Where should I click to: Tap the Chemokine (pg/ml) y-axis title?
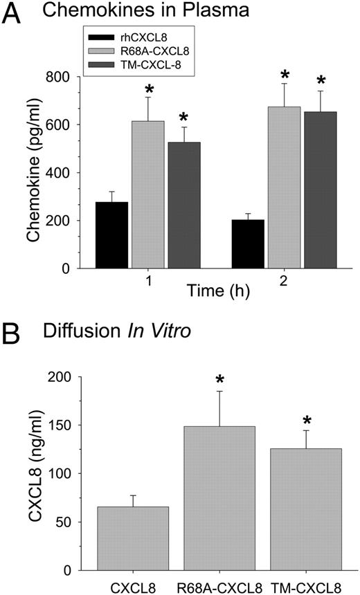pyautogui.click(x=35, y=173)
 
